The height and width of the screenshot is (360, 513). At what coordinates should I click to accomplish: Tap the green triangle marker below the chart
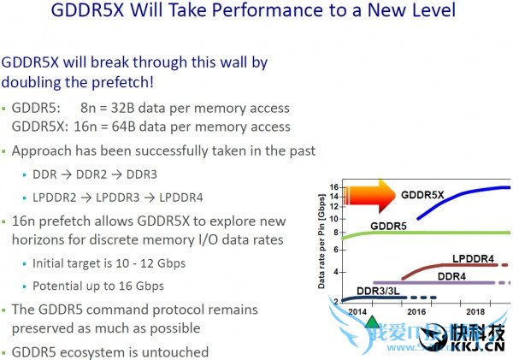point(372,322)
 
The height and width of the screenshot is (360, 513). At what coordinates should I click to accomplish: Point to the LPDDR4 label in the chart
point(475,258)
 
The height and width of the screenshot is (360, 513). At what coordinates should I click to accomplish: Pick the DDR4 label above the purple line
point(451,275)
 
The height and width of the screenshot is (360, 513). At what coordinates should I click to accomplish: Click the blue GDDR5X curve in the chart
point(462,196)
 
